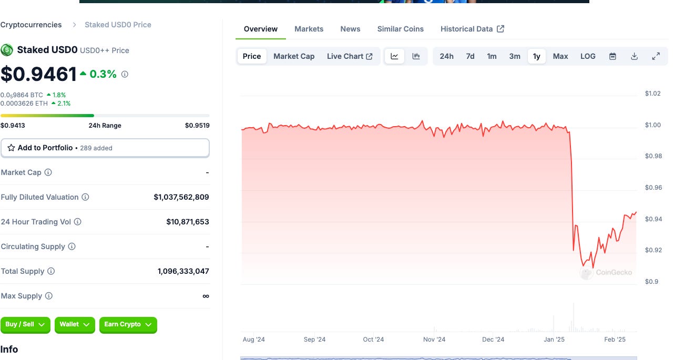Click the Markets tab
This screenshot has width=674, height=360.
(x=309, y=29)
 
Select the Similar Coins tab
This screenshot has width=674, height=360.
(x=400, y=29)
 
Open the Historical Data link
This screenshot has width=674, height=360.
(x=472, y=29)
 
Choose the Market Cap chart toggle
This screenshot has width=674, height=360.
(x=294, y=56)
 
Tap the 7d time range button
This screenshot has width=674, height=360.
(x=470, y=56)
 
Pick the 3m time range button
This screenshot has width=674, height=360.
(x=514, y=56)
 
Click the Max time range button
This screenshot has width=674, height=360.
(x=560, y=56)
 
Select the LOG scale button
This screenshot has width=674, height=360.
(x=588, y=56)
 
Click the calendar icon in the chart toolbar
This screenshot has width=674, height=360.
(x=612, y=56)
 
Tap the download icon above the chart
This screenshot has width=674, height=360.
(x=635, y=56)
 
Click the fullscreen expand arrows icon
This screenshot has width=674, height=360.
(x=656, y=56)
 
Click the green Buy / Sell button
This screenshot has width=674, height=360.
(x=25, y=325)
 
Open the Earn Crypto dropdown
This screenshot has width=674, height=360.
(x=128, y=325)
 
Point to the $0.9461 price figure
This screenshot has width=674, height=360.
(x=39, y=74)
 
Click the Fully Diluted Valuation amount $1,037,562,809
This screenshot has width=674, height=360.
(x=181, y=197)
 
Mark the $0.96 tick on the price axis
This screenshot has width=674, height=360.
(x=653, y=188)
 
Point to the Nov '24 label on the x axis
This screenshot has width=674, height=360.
(x=434, y=340)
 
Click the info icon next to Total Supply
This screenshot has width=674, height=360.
(x=51, y=271)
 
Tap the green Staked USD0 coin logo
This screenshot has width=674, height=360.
(x=7, y=50)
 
